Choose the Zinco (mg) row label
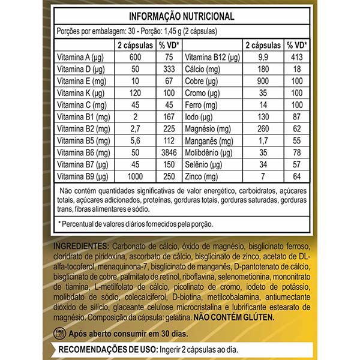202,177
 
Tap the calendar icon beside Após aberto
59,333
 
